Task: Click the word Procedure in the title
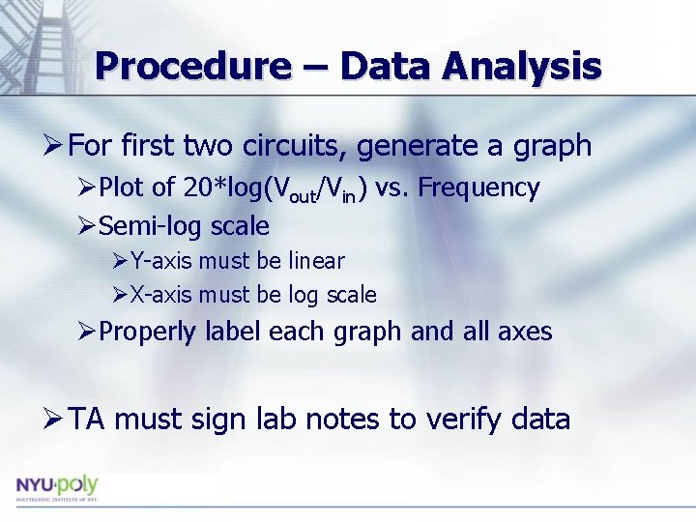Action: (191, 66)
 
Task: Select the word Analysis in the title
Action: (522, 66)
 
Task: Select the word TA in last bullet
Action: (89, 420)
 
